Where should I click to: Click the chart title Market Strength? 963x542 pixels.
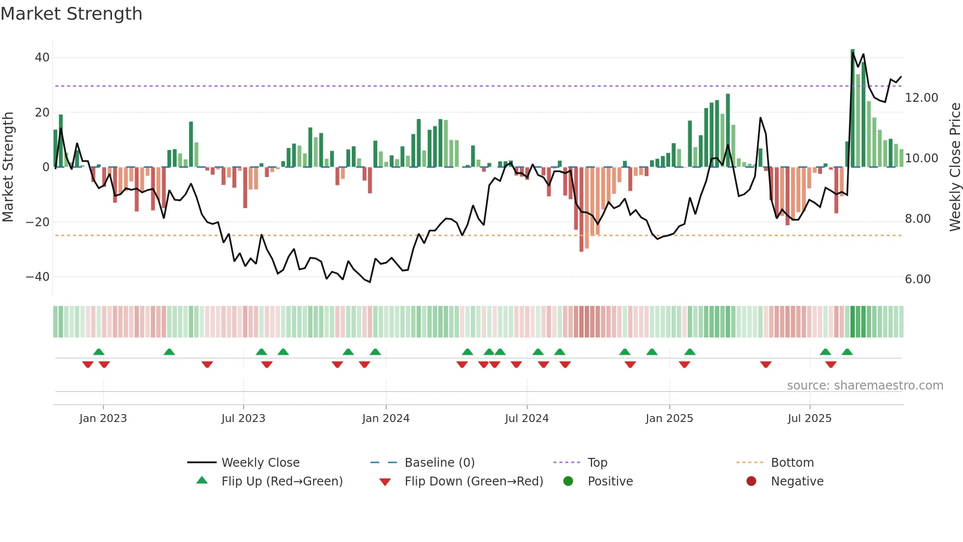coord(71,14)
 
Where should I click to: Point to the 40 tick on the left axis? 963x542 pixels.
coord(42,58)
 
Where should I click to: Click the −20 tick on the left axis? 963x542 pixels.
coord(38,222)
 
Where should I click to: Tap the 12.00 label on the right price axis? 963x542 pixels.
coord(921,98)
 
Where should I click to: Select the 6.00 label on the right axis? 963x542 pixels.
coord(917,279)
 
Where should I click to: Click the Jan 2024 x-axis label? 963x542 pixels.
coord(386,419)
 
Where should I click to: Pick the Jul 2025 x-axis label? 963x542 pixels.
coord(809,419)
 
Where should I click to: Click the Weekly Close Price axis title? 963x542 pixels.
coord(955,167)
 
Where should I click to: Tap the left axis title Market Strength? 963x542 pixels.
coord(8,167)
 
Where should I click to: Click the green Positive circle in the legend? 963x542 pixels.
coord(568,482)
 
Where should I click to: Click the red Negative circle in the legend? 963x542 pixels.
coord(751,482)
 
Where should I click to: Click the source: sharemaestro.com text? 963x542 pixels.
coord(865,386)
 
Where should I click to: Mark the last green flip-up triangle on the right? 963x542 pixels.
coord(847,352)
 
